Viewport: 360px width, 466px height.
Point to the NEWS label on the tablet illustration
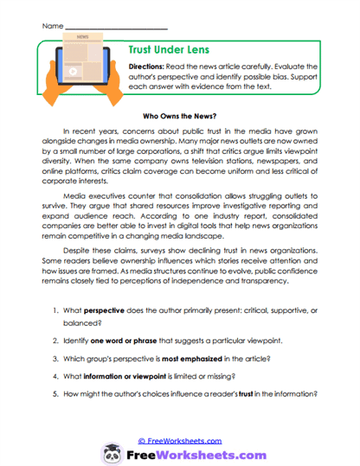click(x=83, y=38)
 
